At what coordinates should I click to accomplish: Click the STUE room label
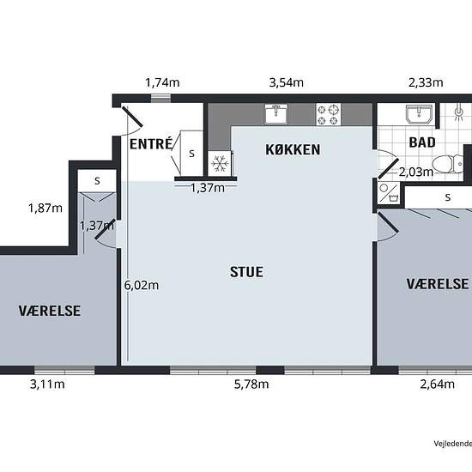pos(246,272)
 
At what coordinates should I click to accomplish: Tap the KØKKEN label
pos(293,149)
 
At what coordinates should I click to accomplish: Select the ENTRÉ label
pos(151,143)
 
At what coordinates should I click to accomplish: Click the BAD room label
pos(422,142)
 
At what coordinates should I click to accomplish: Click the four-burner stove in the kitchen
pos(328,114)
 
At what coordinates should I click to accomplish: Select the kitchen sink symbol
pos(275,114)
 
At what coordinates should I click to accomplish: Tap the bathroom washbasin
pos(420,114)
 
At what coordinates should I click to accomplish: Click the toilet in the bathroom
pos(448,164)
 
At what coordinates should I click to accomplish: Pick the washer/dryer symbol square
pos(389,192)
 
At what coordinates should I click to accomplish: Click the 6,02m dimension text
pos(142,285)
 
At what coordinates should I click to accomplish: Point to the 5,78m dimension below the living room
pos(251,384)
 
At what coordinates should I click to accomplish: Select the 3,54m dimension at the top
pos(287,82)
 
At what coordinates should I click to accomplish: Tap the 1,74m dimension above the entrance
pos(162,82)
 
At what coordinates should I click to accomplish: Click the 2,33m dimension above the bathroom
pos(426,82)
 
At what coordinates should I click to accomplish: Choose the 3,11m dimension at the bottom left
pos(47,384)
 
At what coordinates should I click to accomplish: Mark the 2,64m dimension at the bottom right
pos(437,384)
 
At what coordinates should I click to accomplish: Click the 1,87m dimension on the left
pos(45,208)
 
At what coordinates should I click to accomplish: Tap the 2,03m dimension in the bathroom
pos(416,172)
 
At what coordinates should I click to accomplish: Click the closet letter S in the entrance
pos(191,154)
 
